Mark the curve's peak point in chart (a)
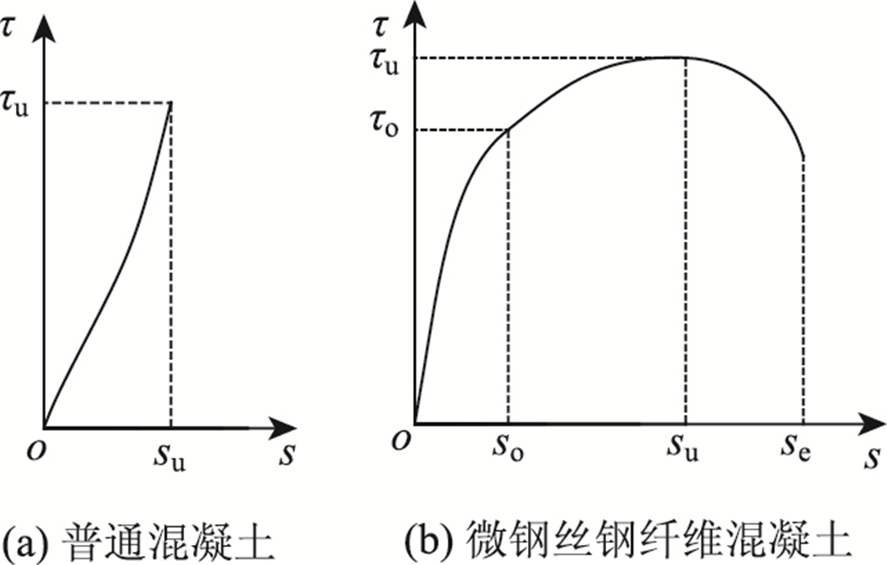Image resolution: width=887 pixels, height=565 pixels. pos(171,104)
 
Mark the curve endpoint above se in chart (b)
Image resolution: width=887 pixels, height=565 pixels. pos(803,157)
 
